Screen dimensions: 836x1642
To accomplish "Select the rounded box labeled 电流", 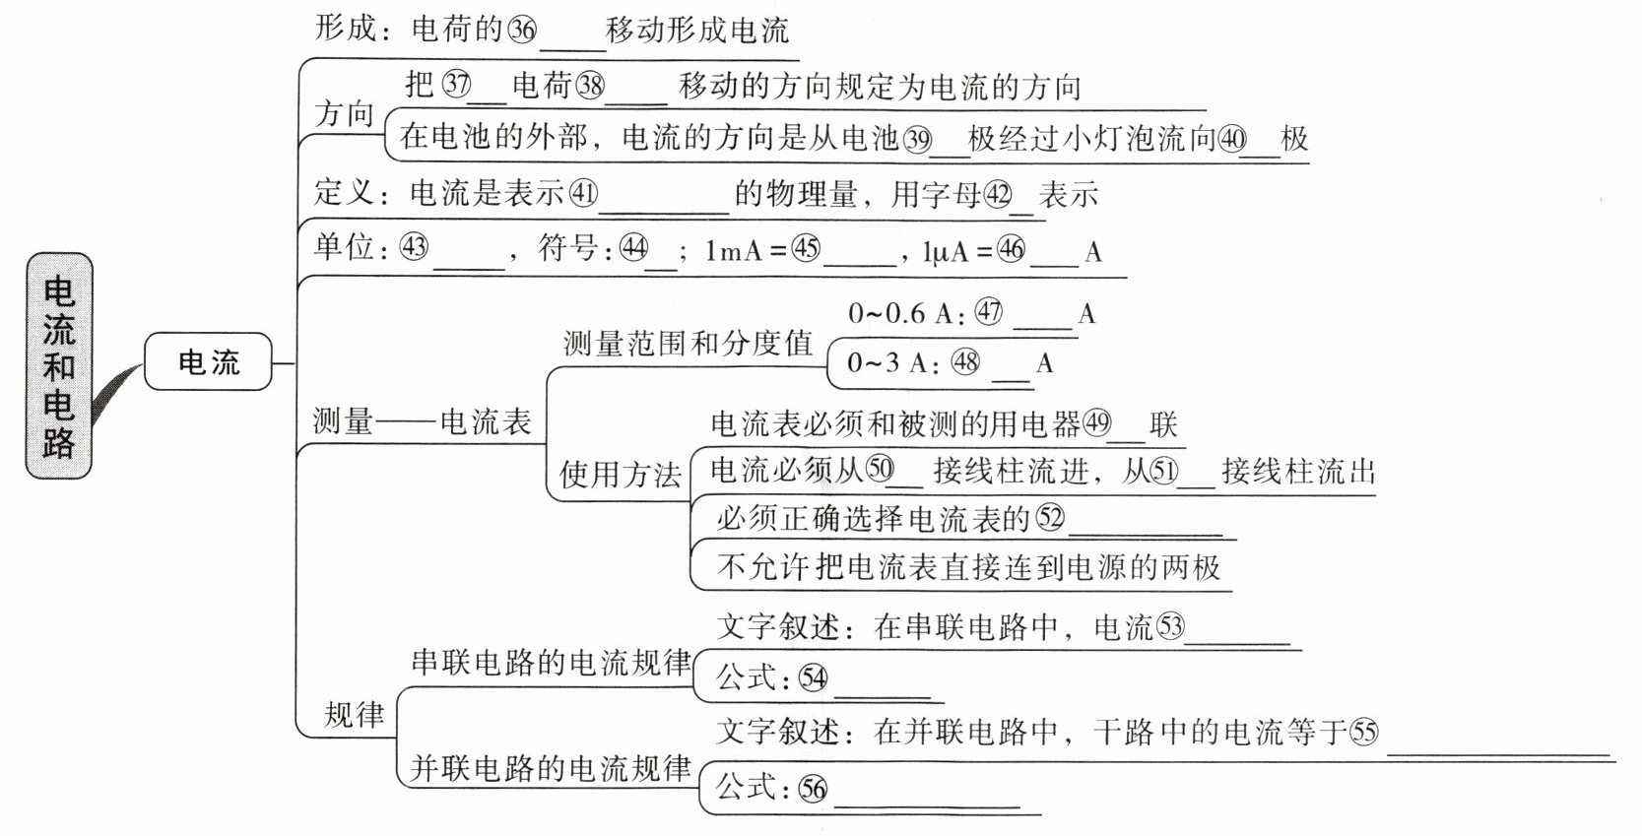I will pyautogui.click(x=208, y=362).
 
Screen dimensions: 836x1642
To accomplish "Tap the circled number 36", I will pyautogui.click(x=522, y=31).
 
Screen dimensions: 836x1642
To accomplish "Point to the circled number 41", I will pyautogui.click(x=583, y=193).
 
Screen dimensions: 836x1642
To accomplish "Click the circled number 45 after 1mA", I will pyautogui.click(x=806, y=248).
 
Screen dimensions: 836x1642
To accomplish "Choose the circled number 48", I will pyautogui.click(x=965, y=362).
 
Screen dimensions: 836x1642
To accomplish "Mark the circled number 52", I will pyautogui.click(x=1050, y=517).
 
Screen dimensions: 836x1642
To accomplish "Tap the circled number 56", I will pyautogui.click(x=813, y=788).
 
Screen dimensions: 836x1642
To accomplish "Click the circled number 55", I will pyautogui.click(x=1364, y=732).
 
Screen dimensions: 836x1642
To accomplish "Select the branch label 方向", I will pyautogui.click(x=345, y=114).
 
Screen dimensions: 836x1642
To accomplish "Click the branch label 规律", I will pyautogui.click(x=354, y=714).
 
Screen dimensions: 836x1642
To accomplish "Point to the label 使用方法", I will pyautogui.click(x=620, y=475).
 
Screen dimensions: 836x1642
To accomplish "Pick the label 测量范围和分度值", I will pyautogui.click(x=688, y=343).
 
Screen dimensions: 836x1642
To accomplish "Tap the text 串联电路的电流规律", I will pyautogui.click(x=551, y=662).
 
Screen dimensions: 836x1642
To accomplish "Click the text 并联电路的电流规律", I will pyautogui.click(x=551, y=768).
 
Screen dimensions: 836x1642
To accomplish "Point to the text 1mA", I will pyautogui.click(x=734, y=251).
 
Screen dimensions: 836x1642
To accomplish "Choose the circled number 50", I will pyautogui.click(x=880, y=470).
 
